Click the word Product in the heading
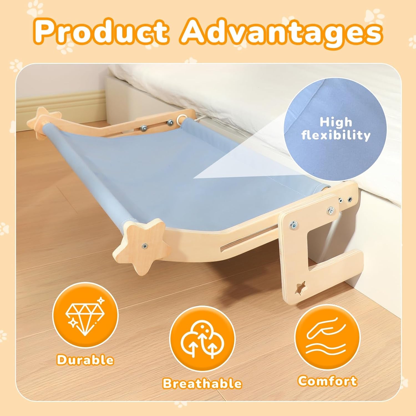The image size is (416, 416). (x=103, y=33)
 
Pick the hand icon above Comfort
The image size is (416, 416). (x=327, y=338)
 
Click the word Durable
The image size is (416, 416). (x=85, y=360)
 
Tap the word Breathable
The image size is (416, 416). (x=202, y=384)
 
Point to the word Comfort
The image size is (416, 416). (x=327, y=381)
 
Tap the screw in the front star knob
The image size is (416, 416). (x=144, y=245)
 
